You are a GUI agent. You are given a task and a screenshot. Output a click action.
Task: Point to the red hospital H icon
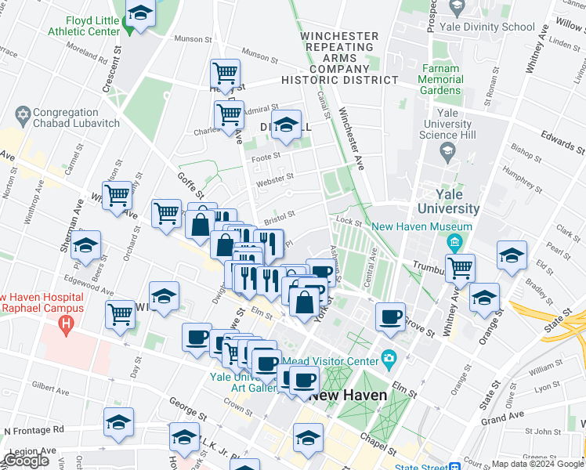(x=67, y=322)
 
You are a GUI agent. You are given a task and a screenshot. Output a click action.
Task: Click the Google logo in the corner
(x=26, y=461)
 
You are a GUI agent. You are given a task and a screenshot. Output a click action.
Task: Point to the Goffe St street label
(x=190, y=183)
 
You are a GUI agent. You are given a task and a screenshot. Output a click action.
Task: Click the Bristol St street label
(x=279, y=215)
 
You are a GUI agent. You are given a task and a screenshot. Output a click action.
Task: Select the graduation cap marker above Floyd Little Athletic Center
(x=140, y=14)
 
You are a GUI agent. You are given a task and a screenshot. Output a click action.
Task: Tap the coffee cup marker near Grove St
(x=390, y=316)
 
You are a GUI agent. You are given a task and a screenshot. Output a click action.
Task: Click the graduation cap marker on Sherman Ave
(x=85, y=246)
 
